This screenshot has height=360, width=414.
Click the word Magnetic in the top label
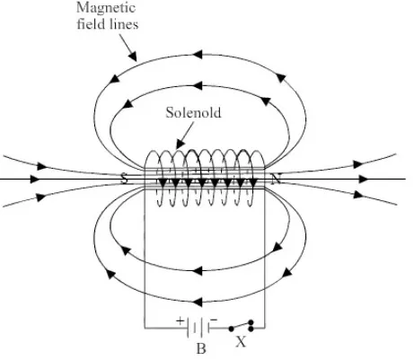tap(106, 8)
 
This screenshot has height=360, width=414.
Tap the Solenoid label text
tap(194, 113)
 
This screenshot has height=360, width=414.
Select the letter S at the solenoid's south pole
tap(125, 179)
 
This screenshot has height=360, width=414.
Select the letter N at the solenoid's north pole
tap(276, 179)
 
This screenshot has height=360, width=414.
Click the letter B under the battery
tap(201, 349)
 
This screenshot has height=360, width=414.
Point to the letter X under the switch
tap(241, 341)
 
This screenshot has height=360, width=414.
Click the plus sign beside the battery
tap(180, 321)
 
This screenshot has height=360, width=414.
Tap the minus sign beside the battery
tap(214, 320)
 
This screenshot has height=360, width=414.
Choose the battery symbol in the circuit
tap(198, 328)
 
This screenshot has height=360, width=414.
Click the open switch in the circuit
tap(242, 326)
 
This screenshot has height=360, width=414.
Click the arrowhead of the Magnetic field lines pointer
tap(133, 56)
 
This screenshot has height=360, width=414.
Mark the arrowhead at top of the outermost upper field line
tap(198, 55)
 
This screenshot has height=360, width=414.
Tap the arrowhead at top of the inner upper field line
tap(198, 85)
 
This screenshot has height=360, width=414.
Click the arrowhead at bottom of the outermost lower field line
tap(198, 302)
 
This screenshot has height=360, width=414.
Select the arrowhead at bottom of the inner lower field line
tap(198, 271)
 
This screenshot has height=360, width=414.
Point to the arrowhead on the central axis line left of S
tap(35, 180)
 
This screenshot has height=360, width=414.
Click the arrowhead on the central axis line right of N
tap(364, 180)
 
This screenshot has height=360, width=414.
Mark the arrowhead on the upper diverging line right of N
tap(357, 164)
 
